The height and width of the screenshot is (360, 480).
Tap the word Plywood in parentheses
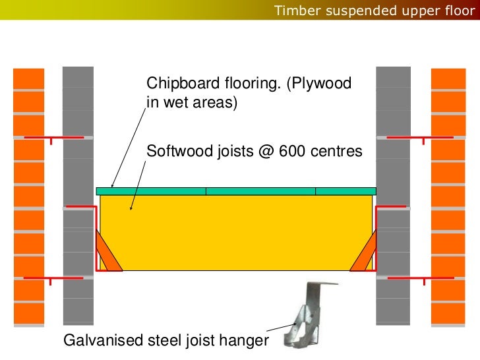tap(324, 84)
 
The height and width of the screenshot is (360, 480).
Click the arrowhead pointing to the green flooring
tap(113, 186)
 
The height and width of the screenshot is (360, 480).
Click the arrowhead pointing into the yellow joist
tap(132, 208)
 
